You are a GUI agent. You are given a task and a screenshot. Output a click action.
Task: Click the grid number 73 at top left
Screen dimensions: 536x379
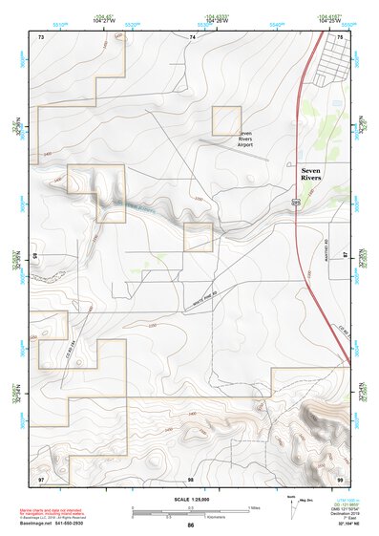pos(42,36)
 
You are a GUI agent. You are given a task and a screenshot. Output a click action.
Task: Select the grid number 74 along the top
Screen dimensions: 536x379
pos(192,36)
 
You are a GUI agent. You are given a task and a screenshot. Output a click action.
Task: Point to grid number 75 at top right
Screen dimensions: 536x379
pos(341,36)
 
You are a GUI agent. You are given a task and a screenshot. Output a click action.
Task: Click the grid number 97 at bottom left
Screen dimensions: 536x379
pos(41,477)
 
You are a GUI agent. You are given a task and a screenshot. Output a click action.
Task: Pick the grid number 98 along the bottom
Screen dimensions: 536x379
pos(191,477)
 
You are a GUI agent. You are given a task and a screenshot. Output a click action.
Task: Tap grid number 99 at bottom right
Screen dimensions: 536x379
pos(341,477)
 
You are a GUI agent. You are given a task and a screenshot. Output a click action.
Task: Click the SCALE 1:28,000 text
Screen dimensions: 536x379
pos(191,499)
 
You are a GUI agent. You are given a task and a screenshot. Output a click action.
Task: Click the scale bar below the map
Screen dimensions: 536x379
pos(191,510)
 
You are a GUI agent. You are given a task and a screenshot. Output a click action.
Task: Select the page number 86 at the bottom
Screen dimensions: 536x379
pos(191,525)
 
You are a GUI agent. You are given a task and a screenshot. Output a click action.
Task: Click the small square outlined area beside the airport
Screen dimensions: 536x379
pos(226,121)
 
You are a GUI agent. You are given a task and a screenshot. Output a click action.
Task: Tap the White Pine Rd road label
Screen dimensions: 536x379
pos(209,296)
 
